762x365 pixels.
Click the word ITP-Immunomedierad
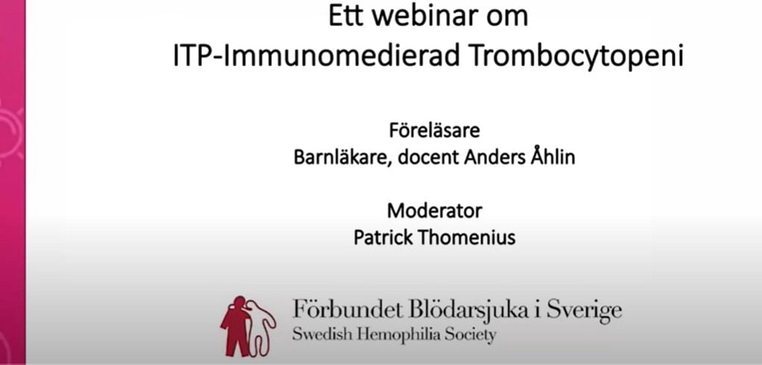pos(317,57)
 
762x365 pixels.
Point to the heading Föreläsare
pos(434,130)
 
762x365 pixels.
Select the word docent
pos(428,158)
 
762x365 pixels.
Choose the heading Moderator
pos(435,211)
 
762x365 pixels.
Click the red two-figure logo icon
pos(248,326)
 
